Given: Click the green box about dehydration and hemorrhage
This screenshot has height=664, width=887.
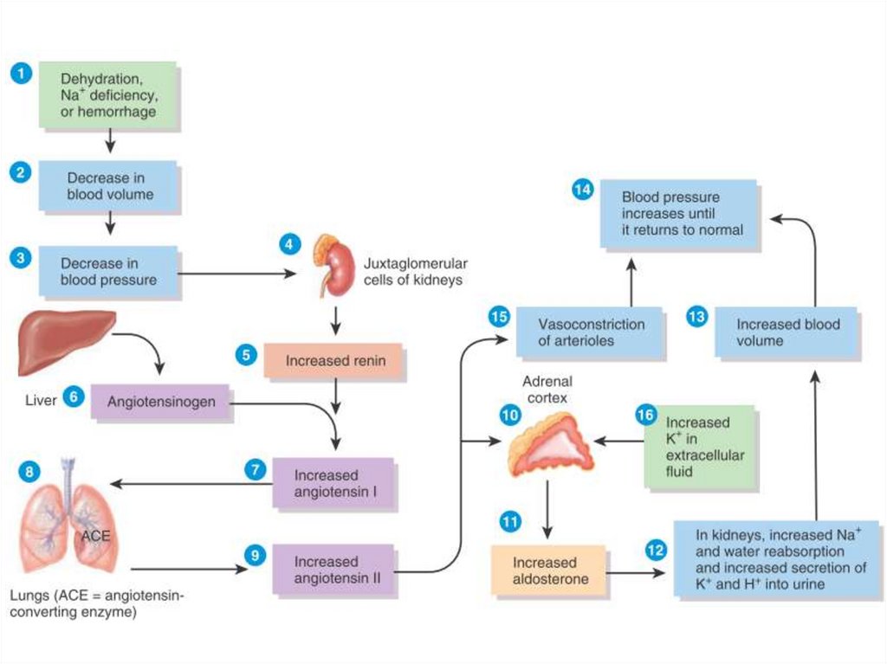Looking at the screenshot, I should tap(108, 95).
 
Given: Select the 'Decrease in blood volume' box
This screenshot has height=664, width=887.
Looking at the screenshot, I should tap(108, 186).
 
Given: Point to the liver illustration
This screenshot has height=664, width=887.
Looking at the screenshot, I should tap(66, 341).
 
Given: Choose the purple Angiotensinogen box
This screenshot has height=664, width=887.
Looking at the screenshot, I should tap(161, 403).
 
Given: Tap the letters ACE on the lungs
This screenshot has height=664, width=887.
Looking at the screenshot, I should tap(95, 536).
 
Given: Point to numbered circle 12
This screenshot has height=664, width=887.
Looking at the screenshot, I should tap(656, 548).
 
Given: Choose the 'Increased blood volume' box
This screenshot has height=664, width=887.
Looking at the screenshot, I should tap(787, 332).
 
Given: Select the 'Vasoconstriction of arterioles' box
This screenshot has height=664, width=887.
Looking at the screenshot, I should tap(591, 332).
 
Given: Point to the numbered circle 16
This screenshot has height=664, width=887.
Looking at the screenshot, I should tap(645, 415).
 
